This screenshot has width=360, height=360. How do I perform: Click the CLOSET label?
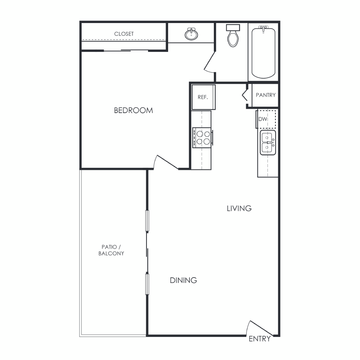(x=124, y=34)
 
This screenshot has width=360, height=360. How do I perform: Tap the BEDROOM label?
(x=134, y=111)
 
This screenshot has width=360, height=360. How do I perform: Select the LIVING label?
(x=239, y=208)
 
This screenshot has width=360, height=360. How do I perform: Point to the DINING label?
(x=183, y=280)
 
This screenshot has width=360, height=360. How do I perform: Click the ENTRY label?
(x=260, y=339)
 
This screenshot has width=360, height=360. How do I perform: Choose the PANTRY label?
(x=266, y=95)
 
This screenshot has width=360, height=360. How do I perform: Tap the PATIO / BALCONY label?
(x=111, y=250)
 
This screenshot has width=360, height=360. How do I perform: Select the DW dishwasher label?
(x=263, y=119)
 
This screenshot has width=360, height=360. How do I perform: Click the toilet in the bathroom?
(x=233, y=36)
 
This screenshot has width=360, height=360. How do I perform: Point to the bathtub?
(x=264, y=52)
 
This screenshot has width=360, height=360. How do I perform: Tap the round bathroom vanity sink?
(x=191, y=34)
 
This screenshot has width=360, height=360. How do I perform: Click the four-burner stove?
(x=202, y=138)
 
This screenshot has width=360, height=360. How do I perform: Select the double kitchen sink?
(x=267, y=143)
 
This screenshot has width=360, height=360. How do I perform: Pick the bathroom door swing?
(x=210, y=62)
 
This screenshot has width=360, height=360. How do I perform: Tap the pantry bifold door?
(x=245, y=95)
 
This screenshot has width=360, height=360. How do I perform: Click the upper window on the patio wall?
(x=147, y=221)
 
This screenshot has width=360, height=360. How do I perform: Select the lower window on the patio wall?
(x=147, y=284)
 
